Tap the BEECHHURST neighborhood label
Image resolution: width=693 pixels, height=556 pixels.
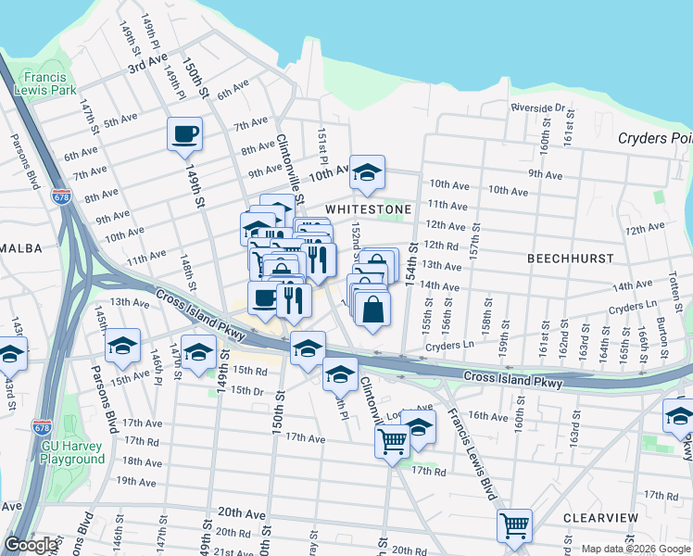coord(564,259)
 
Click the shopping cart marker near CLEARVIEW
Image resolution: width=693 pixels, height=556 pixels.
coord(514,525)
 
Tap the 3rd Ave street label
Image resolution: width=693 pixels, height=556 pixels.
coord(146,64)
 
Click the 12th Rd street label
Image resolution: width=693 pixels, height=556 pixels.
coord(441,246)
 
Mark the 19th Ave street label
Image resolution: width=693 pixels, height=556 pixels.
coord(136,482)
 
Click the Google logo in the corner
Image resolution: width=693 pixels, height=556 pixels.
coord(30,545)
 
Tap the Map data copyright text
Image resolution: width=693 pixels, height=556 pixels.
coord(635,549)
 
